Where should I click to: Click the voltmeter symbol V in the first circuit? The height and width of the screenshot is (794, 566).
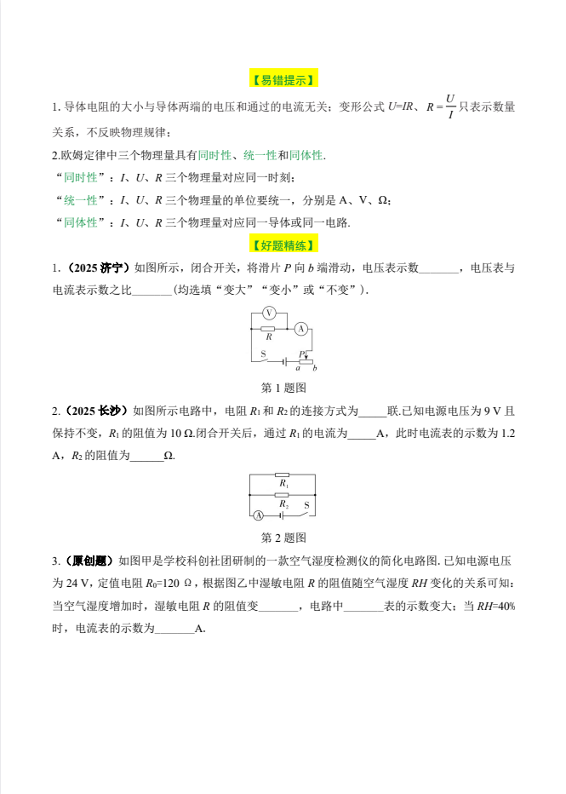coord(269,313)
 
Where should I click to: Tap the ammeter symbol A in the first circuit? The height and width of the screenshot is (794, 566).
coord(301,329)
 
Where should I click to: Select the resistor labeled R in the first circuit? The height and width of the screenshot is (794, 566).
coord(268,329)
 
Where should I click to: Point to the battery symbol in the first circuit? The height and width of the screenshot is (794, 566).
coord(284,362)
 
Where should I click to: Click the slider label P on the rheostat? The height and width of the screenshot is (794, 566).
coord(301,354)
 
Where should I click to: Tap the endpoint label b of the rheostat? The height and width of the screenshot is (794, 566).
coord(315,368)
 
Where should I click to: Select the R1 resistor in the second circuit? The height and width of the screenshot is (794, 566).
coord(282,475)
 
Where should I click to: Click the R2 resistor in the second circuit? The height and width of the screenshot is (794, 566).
coord(282,495)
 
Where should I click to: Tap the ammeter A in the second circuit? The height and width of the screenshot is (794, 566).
coord(259,515)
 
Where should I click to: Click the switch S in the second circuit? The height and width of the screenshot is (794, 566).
coord(305,514)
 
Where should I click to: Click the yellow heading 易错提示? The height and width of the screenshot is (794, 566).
coord(283,80)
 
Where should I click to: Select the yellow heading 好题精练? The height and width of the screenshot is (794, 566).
coord(283,245)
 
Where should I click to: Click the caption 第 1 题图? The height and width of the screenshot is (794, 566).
coord(283,388)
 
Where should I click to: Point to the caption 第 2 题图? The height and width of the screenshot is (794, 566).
coord(283,538)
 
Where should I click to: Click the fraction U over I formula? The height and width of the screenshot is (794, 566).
coord(449,107)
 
